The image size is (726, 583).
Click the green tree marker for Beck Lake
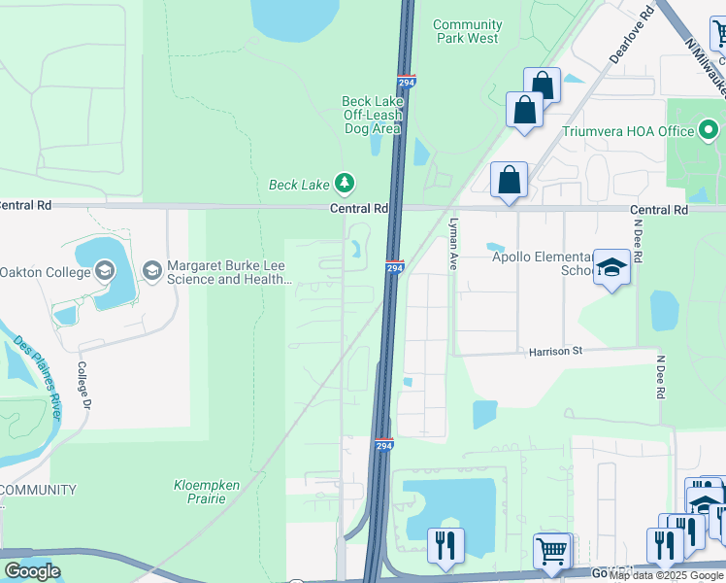344,183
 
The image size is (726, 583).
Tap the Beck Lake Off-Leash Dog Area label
371,115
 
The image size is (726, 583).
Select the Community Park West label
467,31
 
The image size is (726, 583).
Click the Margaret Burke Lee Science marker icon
151,270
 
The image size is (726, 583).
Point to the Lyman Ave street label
452,244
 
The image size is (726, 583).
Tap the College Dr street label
84,387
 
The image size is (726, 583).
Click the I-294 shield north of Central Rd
407,84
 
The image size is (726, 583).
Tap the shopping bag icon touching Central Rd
509,180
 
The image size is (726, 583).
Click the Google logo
32,571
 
